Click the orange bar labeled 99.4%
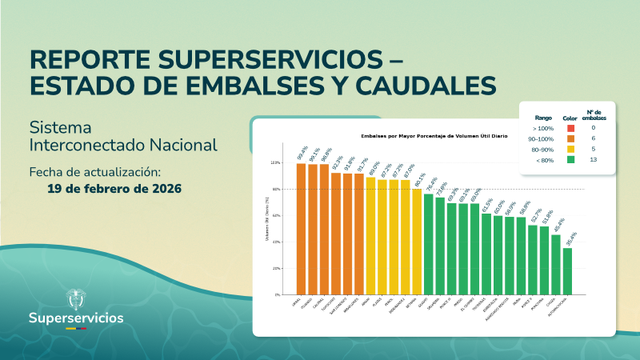(302, 229)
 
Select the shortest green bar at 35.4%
(567, 271)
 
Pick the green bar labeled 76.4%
(429, 244)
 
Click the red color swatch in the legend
(570, 128)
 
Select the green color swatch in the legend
(570, 160)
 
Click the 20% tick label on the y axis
(275, 269)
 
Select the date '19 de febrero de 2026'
(114, 190)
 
